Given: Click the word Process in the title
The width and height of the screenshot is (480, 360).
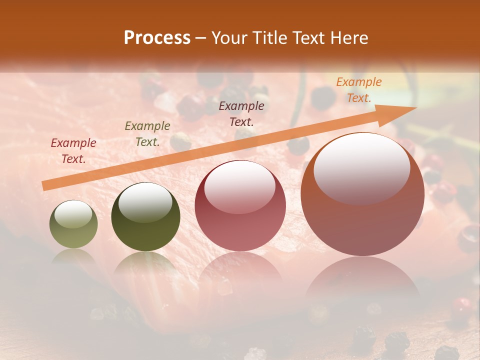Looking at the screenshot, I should pyautogui.click(x=157, y=38).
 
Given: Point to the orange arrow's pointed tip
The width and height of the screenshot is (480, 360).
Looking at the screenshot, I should pyautogui.click(x=415, y=108).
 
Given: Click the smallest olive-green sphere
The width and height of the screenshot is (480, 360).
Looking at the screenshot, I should pyautogui.click(x=73, y=224).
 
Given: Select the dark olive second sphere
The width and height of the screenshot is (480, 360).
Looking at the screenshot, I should pyautogui.click(x=145, y=217).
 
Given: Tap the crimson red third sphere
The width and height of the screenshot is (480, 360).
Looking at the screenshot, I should pyautogui.click(x=240, y=206).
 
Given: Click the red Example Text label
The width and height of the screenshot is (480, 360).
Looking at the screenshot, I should pyautogui.click(x=73, y=151).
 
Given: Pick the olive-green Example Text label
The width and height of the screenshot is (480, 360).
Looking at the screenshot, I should pyautogui.click(x=147, y=134).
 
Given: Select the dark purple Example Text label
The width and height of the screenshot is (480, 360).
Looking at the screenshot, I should pyautogui.click(x=241, y=113).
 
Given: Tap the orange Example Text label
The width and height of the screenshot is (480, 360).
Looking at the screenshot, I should pyautogui.click(x=358, y=90).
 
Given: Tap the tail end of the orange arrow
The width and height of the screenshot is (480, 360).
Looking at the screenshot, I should pyautogui.click(x=45, y=186).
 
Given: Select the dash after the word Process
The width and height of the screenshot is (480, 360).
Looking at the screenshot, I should pyautogui.click(x=201, y=38).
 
